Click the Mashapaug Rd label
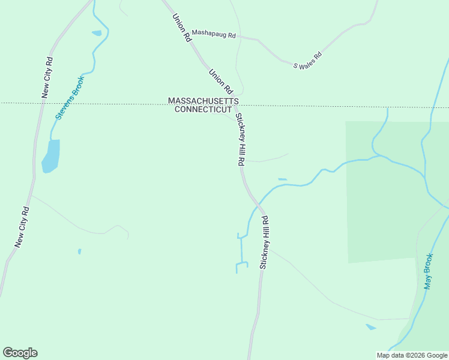tap(214, 34)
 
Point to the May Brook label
tap(429, 272)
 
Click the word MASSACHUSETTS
tap(203, 101)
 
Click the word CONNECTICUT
tap(203, 110)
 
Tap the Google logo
tap(20, 353)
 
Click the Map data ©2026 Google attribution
tap(412, 355)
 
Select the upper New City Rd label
tap(47, 77)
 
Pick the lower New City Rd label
tap(22, 227)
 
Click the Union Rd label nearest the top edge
tap(182, 28)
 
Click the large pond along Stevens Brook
tap(50, 156)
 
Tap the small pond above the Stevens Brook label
tap(97, 33)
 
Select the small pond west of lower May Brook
tap(371, 327)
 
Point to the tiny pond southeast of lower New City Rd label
tap(79, 251)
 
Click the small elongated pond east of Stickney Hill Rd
tap(282, 179)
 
